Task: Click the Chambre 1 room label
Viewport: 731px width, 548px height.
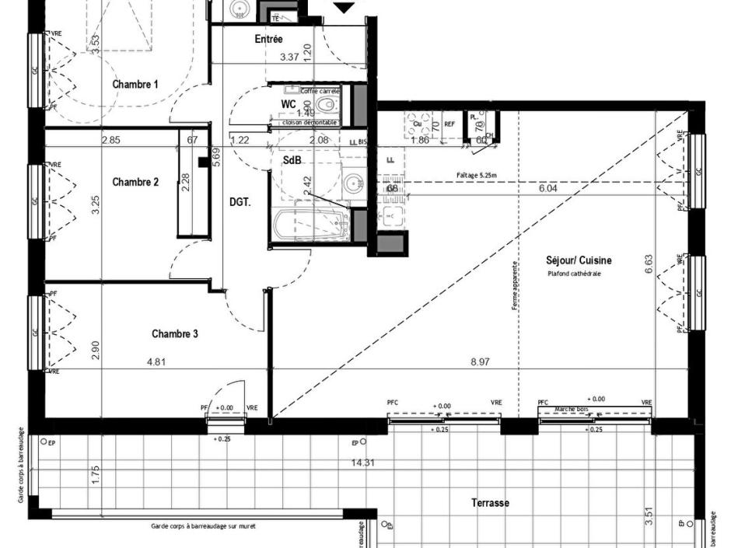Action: click(135, 84)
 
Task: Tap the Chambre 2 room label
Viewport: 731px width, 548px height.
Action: click(135, 182)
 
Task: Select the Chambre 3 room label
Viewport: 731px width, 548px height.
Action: click(174, 334)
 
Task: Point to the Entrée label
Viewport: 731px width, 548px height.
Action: click(268, 39)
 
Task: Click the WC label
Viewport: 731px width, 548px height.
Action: click(289, 104)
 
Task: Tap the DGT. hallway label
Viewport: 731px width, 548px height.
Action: click(240, 202)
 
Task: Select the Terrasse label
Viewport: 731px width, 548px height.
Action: click(490, 503)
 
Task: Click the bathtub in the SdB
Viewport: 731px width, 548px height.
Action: click(310, 226)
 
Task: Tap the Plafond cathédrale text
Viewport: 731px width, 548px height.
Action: click(574, 274)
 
